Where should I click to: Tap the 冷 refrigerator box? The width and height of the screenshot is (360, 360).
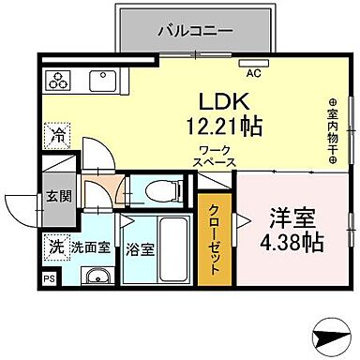(59, 134)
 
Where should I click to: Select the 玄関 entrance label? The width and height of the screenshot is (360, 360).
(59, 196)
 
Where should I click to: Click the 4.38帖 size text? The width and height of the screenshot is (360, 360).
(292, 241)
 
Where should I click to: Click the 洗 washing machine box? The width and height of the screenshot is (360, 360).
(57, 249)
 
